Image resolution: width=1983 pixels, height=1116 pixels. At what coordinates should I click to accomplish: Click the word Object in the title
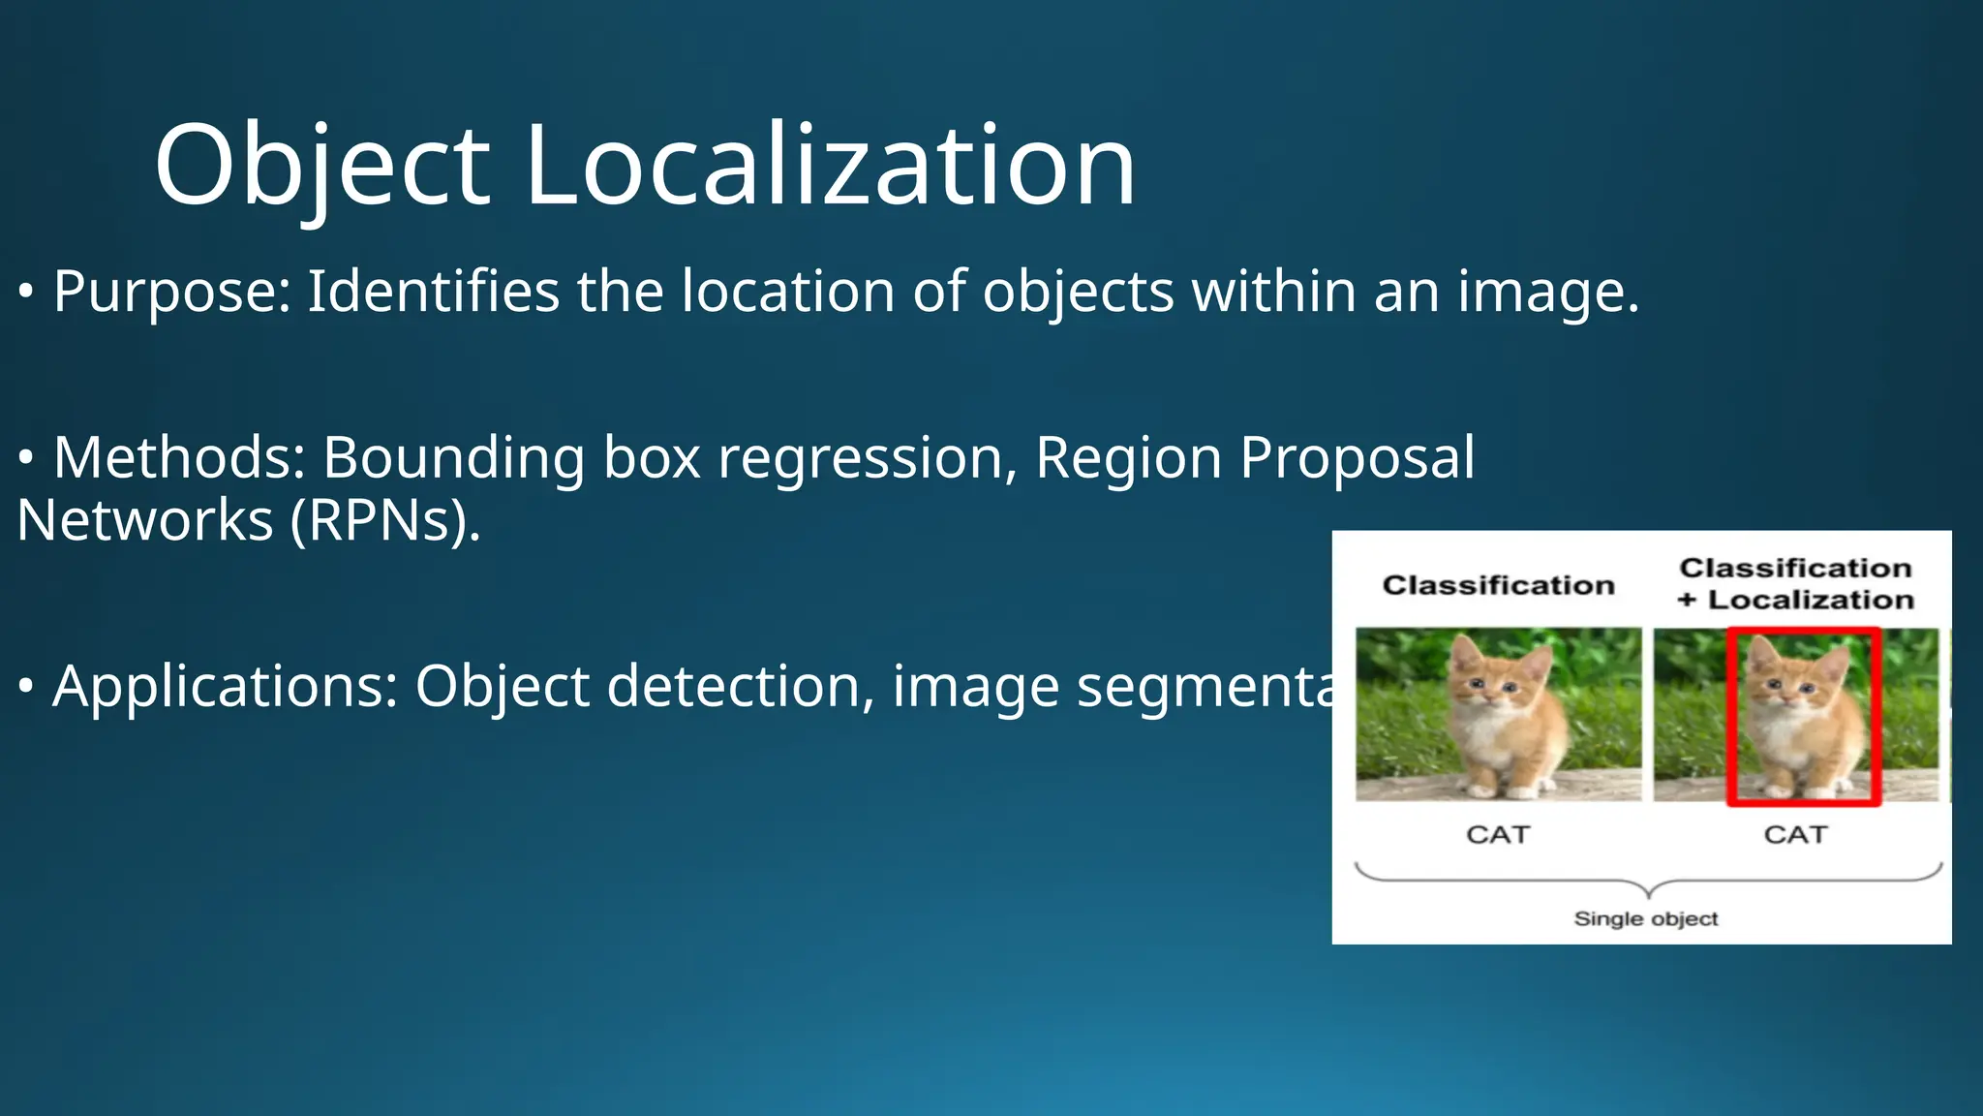322,165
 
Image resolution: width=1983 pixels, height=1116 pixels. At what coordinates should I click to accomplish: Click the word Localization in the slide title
829,165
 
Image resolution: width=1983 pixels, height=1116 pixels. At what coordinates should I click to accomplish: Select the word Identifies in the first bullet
433,292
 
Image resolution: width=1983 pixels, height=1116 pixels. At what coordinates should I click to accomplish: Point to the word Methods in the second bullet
179,457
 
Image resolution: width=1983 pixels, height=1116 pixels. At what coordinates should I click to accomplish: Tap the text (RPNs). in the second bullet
385,520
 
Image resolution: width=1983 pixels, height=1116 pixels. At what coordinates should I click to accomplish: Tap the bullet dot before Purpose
26,292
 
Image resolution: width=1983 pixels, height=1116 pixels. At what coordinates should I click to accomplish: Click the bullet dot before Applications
26,686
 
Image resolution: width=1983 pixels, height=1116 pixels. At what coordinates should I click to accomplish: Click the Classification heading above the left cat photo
1498,585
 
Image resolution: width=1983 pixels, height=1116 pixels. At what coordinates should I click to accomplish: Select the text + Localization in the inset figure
1796,600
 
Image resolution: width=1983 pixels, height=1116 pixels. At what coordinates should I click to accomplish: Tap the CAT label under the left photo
1498,834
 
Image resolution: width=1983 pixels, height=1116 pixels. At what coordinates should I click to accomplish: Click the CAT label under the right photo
1795,834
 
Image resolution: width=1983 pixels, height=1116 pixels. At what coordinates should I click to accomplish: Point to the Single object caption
1646,918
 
